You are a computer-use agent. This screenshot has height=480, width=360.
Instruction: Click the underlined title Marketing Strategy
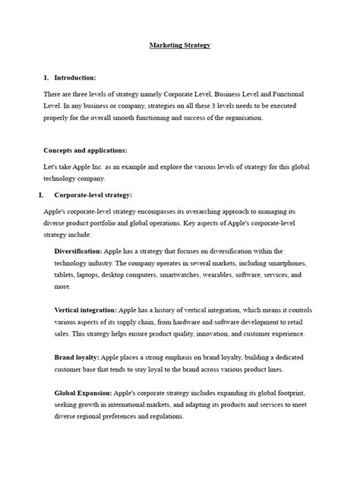coord(179,46)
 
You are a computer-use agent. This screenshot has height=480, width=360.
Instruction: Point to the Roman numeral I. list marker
coord(42,195)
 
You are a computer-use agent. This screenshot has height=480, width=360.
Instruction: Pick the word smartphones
coord(279,263)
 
